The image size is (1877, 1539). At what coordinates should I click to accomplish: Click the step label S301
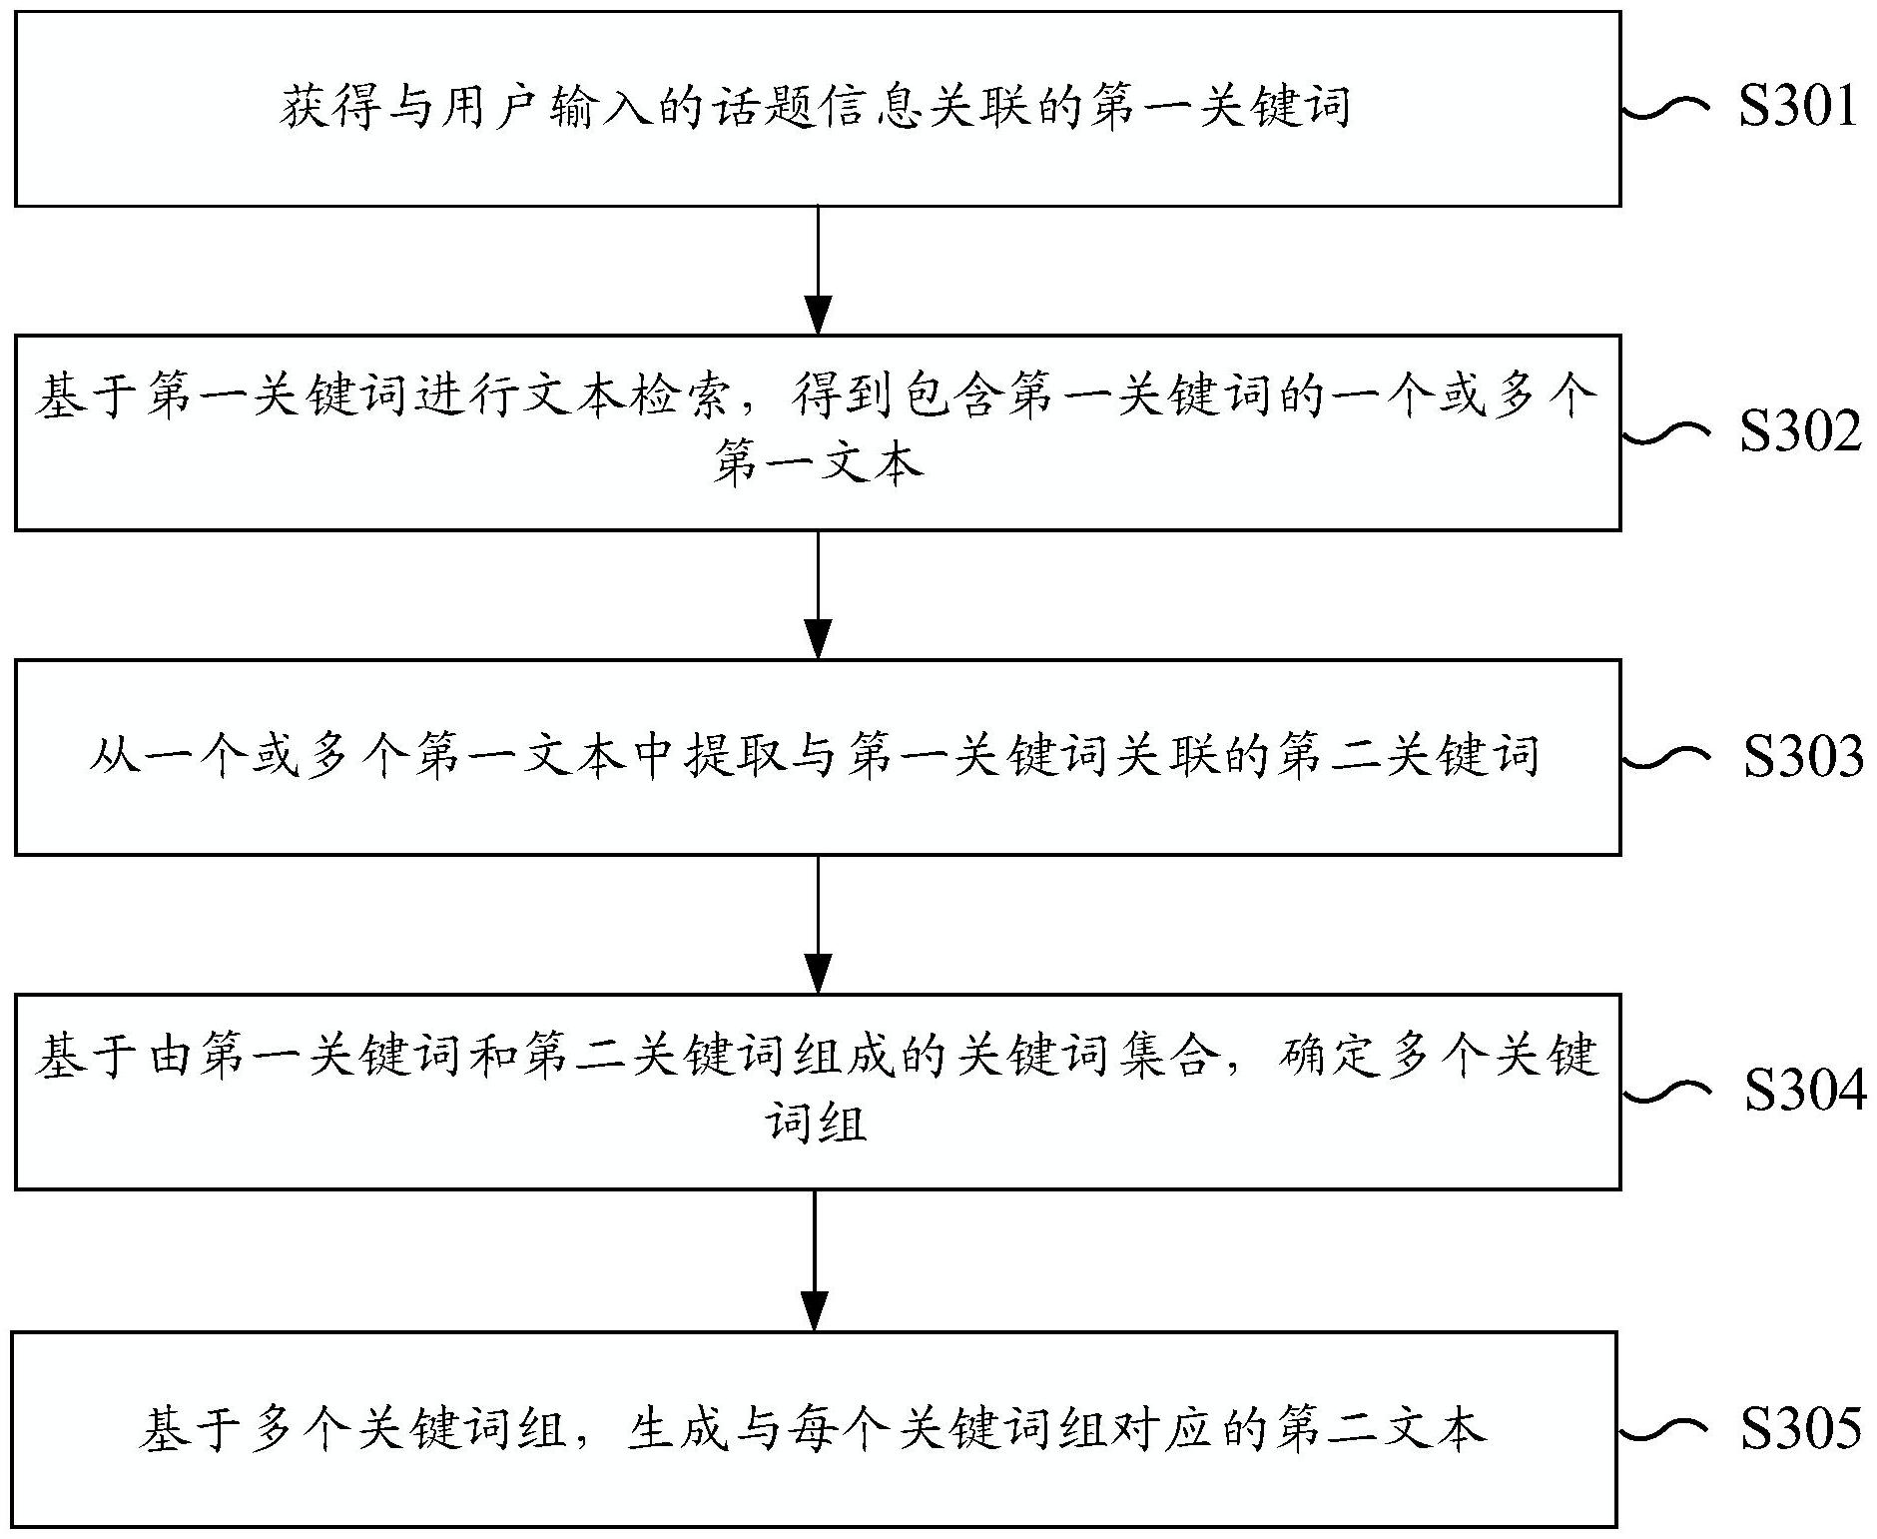tap(1797, 107)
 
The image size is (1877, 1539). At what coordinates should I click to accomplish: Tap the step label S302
tap(1799, 431)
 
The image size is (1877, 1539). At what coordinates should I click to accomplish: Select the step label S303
tap(1802, 756)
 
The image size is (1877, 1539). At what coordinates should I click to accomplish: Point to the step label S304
tap(1804, 1091)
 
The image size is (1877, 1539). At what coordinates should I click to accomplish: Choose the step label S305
tap(1800, 1428)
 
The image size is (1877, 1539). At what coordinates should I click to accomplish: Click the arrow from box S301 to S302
tap(818, 270)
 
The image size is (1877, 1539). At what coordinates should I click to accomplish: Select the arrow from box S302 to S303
tap(818, 594)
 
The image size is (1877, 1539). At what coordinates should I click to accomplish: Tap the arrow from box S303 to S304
tap(818, 924)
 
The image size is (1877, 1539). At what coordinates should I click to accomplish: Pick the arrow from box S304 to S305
tap(815, 1259)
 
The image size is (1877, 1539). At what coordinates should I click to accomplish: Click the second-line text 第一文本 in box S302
tap(818, 464)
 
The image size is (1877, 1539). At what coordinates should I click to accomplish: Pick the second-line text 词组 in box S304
tap(816, 1124)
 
